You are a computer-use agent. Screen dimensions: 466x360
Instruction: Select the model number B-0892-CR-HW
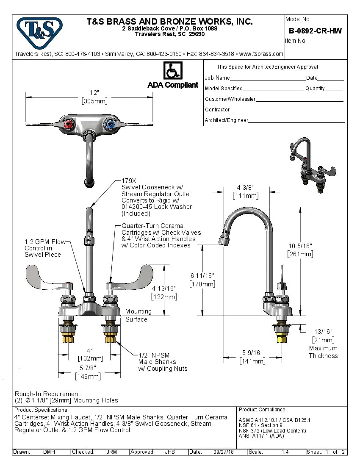coord(315,31)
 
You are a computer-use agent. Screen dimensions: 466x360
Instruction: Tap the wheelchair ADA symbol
coord(172,71)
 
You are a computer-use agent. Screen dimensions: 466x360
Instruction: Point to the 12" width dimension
coord(94,93)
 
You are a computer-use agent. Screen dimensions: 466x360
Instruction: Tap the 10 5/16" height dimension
coord(300,246)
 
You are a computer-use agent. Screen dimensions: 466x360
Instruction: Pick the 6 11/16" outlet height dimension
coord(202,276)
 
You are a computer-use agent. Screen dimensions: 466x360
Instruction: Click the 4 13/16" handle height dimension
coord(164,288)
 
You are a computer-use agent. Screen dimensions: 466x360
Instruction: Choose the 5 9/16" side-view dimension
coord(252,352)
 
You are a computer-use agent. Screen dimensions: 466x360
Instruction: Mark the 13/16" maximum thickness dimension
coord(323,332)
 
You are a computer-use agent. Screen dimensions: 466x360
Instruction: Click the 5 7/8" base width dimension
coord(88,368)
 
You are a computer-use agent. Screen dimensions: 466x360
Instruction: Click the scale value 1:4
coord(285,452)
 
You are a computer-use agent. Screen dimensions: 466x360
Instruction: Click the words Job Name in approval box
coord(217,78)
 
